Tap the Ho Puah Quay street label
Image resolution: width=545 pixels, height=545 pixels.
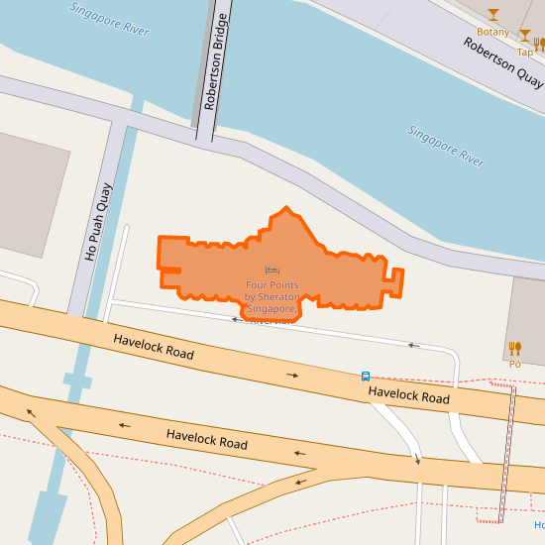(x=99, y=223)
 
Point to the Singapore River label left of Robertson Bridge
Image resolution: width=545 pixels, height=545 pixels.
(x=109, y=20)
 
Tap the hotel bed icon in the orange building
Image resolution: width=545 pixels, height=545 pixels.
(x=272, y=271)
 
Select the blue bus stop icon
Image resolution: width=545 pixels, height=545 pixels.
(x=366, y=377)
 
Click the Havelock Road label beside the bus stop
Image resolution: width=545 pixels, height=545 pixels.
(x=408, y=395)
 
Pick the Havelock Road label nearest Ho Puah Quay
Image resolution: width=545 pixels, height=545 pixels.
(x=153, y=346)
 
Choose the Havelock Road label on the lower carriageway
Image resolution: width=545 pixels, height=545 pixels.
(x=206, y=439)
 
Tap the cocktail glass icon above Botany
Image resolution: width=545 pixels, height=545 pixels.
(x=493, y=15)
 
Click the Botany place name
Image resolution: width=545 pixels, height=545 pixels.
(x=492, y=32)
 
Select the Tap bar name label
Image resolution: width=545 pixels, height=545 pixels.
(x=524, y=53)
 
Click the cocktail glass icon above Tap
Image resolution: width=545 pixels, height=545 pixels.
(x=525, y=37)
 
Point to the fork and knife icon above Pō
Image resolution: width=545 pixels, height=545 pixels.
(x=514, y=348)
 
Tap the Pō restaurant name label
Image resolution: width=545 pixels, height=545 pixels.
(x=514, y=364)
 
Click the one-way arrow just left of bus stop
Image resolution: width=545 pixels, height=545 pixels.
(x=293, y=376)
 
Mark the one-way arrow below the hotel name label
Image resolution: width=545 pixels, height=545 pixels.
(x=237, y=319)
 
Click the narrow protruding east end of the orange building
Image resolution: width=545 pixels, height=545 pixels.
(x=395, y=281)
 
